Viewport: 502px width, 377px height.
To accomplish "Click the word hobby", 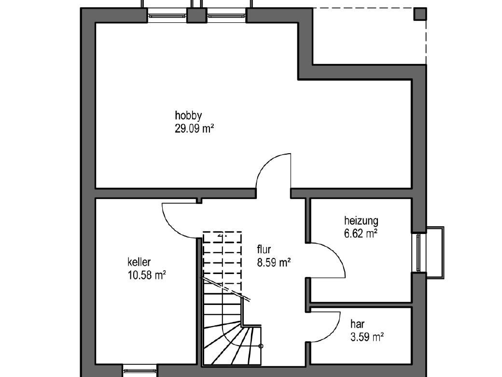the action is (x=188, y=116).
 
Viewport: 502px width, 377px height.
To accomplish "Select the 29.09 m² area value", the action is (x=195, y=129).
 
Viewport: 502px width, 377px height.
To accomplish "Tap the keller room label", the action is (x=139, y=262).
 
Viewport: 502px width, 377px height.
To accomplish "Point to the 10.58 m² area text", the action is (x=147, y=275).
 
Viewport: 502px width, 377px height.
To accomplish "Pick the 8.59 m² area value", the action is (x=274, y=262).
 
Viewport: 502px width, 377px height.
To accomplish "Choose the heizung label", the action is (x=361, y=221).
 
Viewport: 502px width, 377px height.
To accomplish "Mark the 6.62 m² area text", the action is (x=361, y=234).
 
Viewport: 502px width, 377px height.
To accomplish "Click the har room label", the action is (x=357, y=324).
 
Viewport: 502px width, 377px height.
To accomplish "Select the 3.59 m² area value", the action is (x=367, y=337).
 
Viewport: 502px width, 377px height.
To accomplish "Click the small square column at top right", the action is (x=420, y=14).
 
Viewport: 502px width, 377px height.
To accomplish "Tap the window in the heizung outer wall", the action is (x=418, y=253).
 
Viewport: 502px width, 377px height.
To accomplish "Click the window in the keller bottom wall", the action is (x=139, y=371).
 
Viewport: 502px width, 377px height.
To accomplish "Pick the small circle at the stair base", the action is (x=261, y=346).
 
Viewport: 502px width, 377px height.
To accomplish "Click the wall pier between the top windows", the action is (x=196, y=15).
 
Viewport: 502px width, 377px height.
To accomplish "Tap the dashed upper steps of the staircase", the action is (x=222, y=257).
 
